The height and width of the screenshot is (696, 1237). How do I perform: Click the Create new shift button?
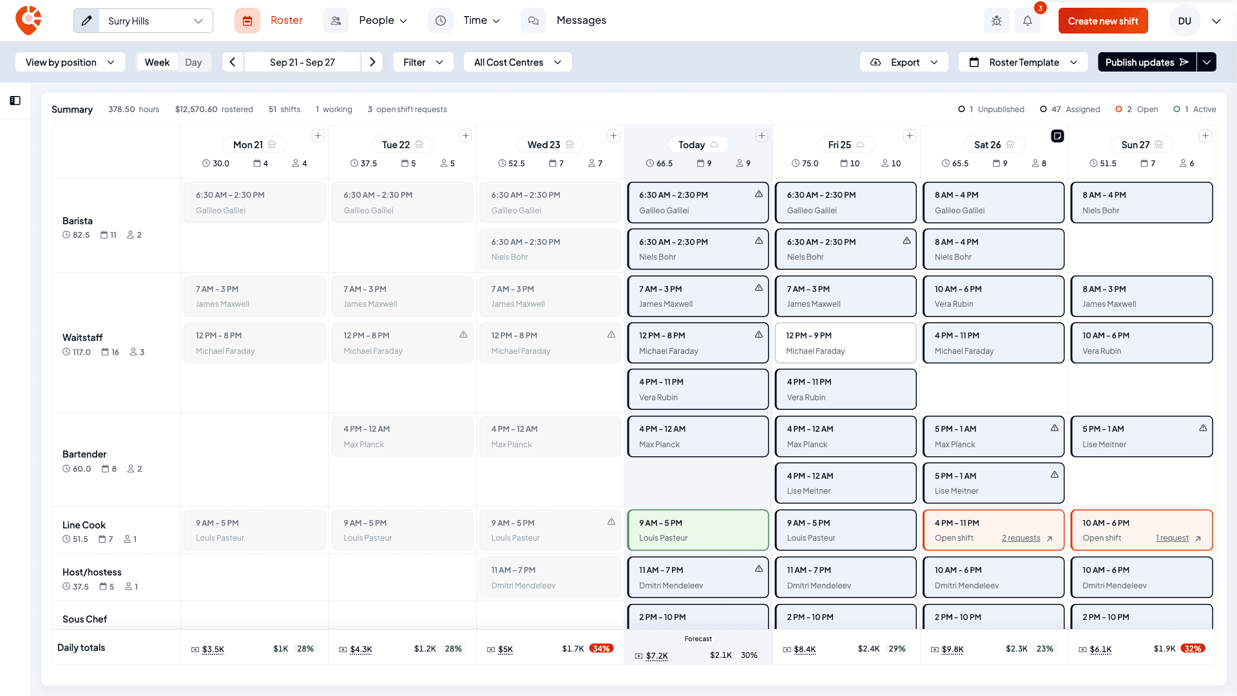(x=1103, y=21)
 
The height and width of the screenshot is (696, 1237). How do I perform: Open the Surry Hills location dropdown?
(x=143, y=21)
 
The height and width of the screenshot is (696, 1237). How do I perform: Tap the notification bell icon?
(x=1028, y=21)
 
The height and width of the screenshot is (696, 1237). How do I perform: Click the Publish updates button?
(x=1147, y=62)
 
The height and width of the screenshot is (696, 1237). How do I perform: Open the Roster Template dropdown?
(x=1023, y=62)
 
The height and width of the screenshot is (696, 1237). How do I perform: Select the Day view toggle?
(x=193, y=62)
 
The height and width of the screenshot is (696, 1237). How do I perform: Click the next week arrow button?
(x=372, y=62)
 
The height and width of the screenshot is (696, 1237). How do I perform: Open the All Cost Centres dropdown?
(x=517, y=62)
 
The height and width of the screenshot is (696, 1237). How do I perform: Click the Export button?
(x=904, y=62)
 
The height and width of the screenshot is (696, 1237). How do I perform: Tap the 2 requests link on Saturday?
(x=1021, y=538)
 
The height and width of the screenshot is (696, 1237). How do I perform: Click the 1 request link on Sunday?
(x=1173, y=538)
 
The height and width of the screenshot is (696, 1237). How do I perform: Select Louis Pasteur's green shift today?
(x=698, y=530)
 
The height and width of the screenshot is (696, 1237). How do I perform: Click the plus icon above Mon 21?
(x=318, y=135)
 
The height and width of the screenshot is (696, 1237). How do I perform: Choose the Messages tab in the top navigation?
(x=581, y=21)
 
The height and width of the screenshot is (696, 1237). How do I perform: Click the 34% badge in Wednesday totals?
(x=601, y=648)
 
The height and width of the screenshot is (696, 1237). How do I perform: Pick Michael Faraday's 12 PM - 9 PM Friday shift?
(x=845, y=343)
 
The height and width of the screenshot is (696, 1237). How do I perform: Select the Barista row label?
(x=77, y=221)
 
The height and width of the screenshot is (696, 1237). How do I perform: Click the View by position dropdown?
(x=70, y=62)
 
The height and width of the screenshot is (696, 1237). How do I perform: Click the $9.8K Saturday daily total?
(x=953, y=649)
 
